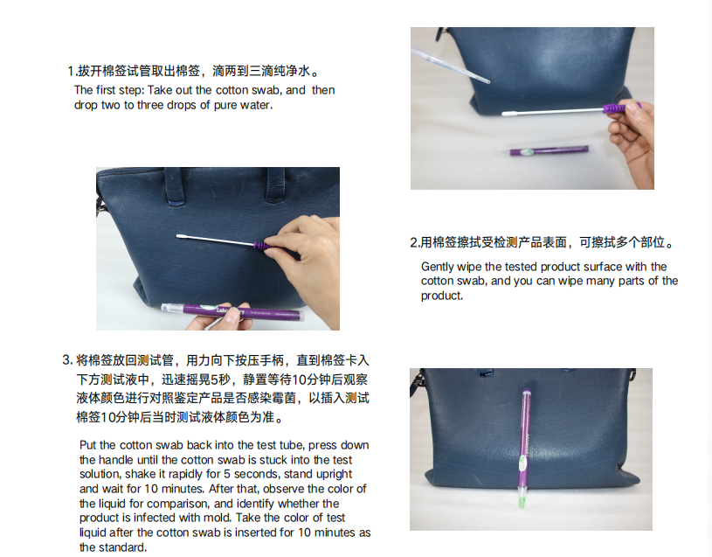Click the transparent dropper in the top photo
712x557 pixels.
pyautogui.click(x=450, y=65)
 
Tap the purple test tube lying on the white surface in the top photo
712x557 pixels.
pyautogui.click(x=548, y=150)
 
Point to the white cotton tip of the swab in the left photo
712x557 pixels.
pyautogui.click(x=181, y=236)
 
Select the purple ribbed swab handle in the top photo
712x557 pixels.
pyautogui.click(x=613, y=109)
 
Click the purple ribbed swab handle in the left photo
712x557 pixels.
pyautogui.click(x=261, y=247)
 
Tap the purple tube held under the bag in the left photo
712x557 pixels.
pyautogui.click(x=232, y=311)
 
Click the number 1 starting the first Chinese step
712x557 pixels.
pyautogui.click(x=71, y=72)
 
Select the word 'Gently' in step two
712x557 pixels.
pyautogui.click(x=438, y=267)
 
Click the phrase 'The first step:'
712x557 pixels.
pyautogui.click(x=108, y=90)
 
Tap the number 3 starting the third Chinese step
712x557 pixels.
pyautogui.click(x=66, y=360)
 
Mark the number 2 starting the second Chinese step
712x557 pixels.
pyautogui.click(x=413, y=242)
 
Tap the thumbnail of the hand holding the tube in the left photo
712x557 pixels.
pyautogui.click(x=233, y=315)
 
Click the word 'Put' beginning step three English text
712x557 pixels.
pyautogui.click(x=87, y=445)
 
